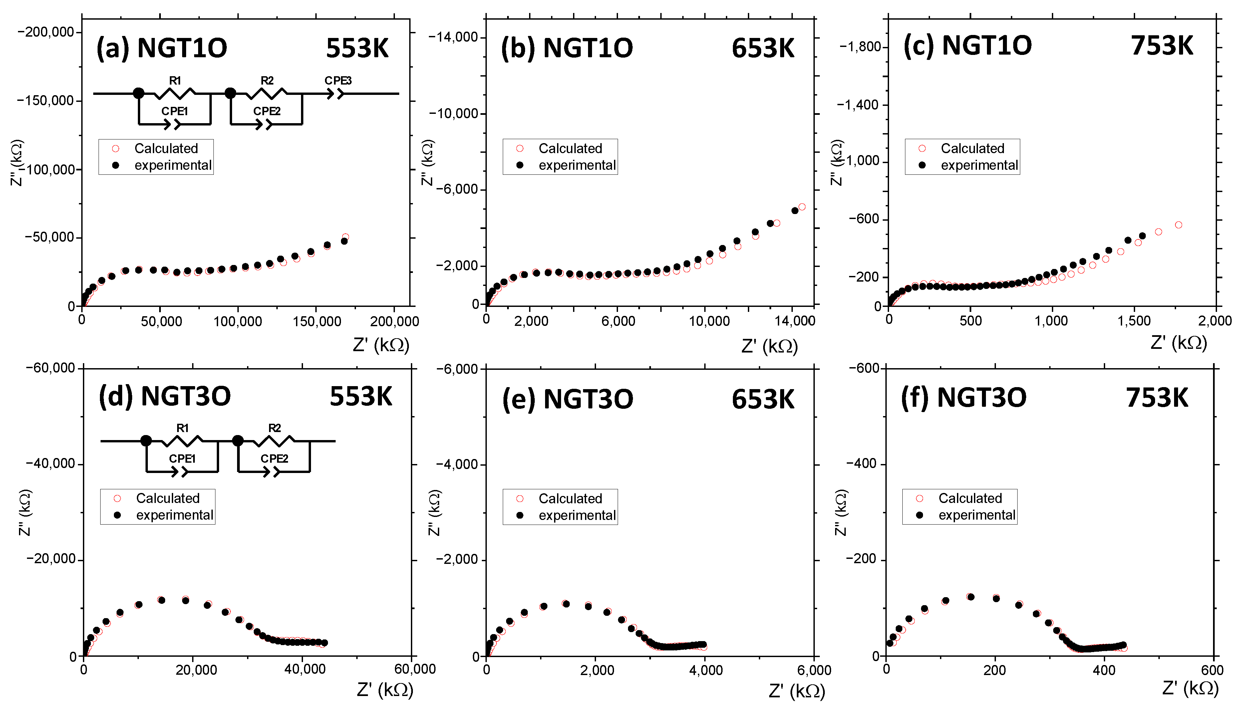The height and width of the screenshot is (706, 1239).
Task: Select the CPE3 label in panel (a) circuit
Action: coord(338,81)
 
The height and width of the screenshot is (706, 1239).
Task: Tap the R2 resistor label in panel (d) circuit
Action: coord(274,428)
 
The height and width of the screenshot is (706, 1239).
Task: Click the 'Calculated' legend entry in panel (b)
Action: coord(570,148)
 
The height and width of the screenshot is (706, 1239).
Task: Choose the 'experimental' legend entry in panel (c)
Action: coord(979,165)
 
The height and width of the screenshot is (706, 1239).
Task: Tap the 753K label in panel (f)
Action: coord(1156,398)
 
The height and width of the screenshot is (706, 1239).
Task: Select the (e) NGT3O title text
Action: coord(567,399)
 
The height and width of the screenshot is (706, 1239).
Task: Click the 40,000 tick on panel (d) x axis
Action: coord(305,670)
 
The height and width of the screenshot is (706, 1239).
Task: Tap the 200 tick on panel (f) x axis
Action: coord(995,670)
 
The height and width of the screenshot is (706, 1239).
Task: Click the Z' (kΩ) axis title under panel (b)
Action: coord(769,346)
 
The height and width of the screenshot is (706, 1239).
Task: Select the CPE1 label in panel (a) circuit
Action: coord(174,111)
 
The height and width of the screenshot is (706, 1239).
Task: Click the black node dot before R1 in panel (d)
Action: coord(146,441)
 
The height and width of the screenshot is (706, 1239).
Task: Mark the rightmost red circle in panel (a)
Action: coord(345,237)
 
